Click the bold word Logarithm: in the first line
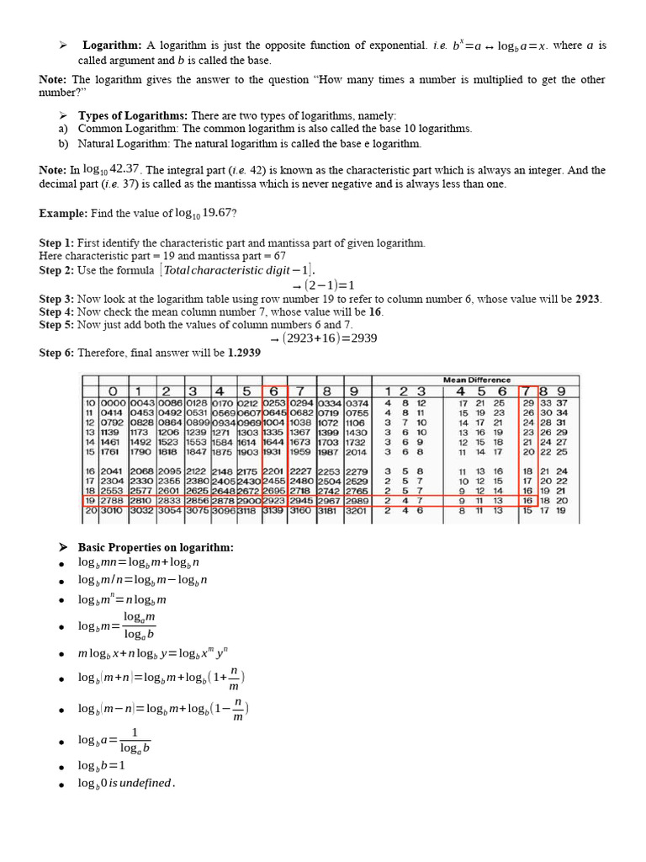[113, 45]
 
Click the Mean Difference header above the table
[476, 380]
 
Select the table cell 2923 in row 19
[275, 499]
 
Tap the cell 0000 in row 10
[112, 403]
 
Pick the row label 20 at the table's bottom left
[88, 510]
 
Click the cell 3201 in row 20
[356, 510]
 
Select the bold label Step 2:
[56, 270]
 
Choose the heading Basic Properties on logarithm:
[156, 547]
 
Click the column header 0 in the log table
[112, 391]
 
